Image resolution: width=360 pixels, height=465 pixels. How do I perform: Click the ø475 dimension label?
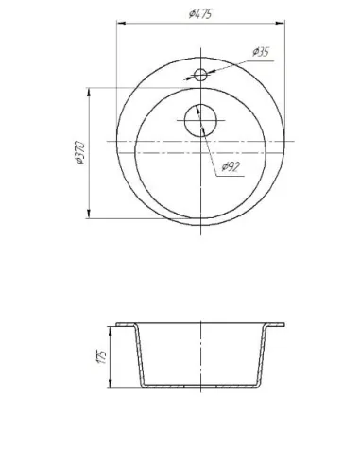click(200, 14)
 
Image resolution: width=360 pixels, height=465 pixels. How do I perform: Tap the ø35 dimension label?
click(261, 52)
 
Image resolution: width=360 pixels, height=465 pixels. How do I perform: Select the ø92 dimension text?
click(231, 166)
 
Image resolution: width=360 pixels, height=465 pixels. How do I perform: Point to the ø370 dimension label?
click(80, 153)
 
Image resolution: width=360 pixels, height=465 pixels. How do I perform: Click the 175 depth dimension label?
click(102, 357)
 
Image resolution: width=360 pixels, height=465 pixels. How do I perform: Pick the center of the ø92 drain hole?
click(200, 120)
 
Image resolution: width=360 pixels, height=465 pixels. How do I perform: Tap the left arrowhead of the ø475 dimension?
click(121, 23)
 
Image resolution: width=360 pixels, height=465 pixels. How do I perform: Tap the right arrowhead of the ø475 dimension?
click(281, 23)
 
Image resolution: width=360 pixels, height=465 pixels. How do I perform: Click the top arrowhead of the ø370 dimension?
click(89, 93)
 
